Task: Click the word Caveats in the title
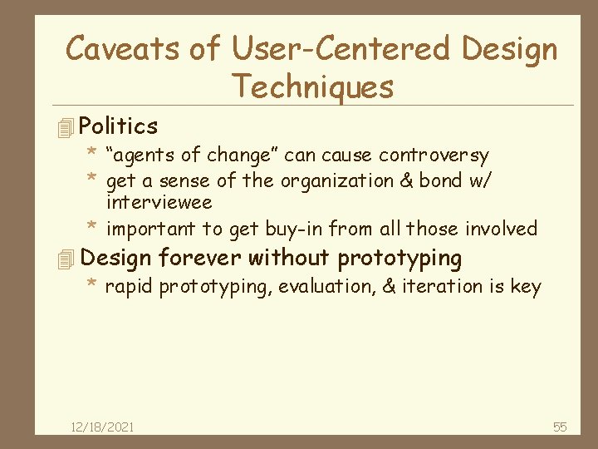click(x=122, y=50)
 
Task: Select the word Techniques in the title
click(x=312, y=86)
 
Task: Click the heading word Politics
click(x=119, y=126)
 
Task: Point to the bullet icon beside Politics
click(x=67, y=127)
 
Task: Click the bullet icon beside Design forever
click(x=67, y=259)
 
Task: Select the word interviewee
click(x=159, y=203)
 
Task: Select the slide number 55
click(x=560, y=427)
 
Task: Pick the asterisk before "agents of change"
click(x=94, y=154)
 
